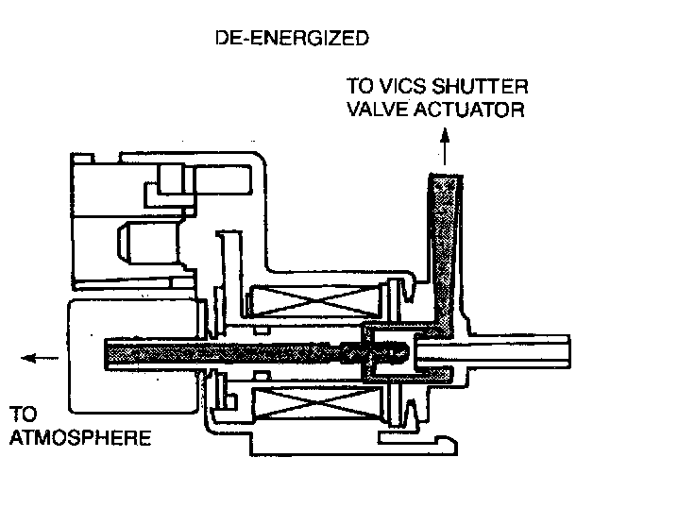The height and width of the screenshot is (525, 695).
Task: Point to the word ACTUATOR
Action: pyautogui.click(x=471, y=110)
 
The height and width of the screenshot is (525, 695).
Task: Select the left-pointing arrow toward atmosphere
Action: pyautogui.click(x=40, y=358)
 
